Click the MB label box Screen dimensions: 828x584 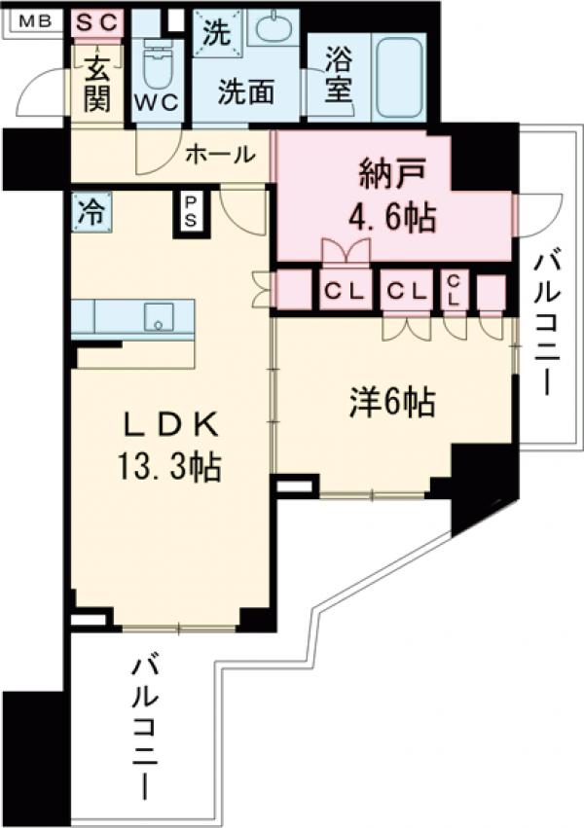coord(32,19)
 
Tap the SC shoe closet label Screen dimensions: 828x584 coord(97,19)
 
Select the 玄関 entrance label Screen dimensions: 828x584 coord(96,84)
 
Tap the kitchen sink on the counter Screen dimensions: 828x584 coord(159,316)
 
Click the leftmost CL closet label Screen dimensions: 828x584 coord(345,291)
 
